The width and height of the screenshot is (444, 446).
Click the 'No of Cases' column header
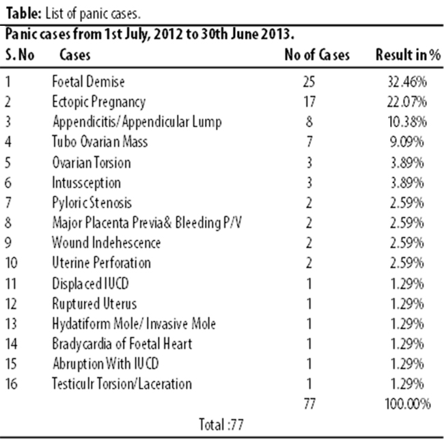click(317, 55)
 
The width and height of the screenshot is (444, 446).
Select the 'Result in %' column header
click(408, 55)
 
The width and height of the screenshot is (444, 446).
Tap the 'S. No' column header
click(20, 55)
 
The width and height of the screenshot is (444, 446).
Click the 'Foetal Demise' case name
click(88, 82)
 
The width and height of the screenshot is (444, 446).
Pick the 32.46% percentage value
click(407, 82)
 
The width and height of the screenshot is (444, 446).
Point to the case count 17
click(309, 102)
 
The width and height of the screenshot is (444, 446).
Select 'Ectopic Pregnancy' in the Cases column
click(98, 102)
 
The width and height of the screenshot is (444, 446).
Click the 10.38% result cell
click(407, 122)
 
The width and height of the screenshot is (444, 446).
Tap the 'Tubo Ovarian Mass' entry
click(100, 141)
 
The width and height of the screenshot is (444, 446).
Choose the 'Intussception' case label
click(87, 183)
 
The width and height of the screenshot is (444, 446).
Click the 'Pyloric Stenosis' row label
click(92, 203)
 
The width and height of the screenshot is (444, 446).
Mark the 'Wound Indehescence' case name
click(107, 242)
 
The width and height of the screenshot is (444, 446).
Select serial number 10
click(12, 262)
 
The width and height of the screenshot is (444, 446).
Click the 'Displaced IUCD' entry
click(90, 283)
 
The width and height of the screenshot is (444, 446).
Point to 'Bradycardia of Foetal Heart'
click(122, 344)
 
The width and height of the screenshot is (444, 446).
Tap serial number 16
click(12, 383)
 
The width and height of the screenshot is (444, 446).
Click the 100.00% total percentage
click(408, 404)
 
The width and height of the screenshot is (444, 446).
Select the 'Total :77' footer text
click(221, 424)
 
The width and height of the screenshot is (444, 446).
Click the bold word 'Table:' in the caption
click(24, 14)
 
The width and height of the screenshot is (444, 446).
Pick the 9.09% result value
click(407, 141)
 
